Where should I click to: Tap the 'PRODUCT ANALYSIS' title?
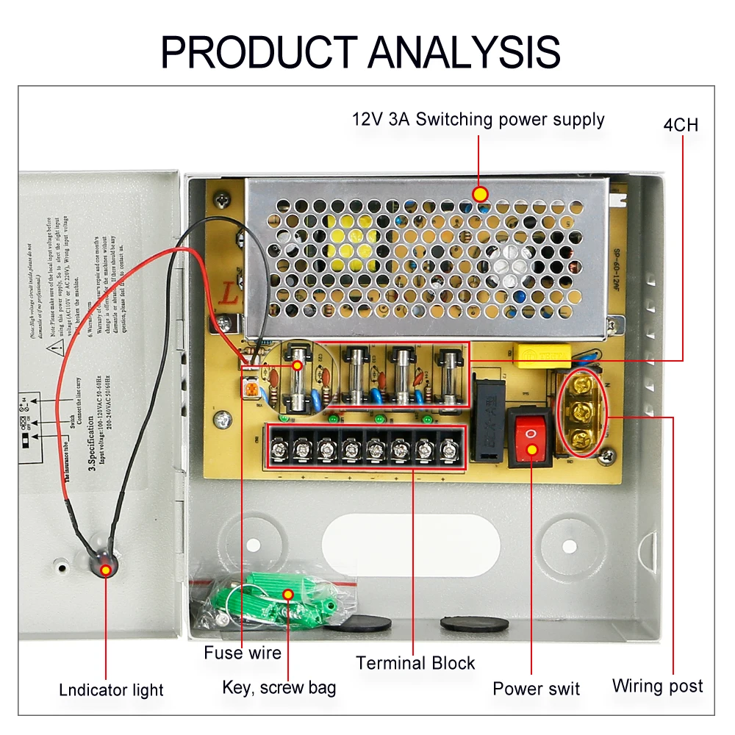[x=361, y=51]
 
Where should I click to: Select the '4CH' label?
[x=680, y=124]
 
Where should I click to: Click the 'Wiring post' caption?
[x=657, y=686]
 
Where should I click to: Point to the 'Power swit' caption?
[x=536, y=689]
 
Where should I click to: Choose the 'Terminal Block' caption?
[x=415, y=663]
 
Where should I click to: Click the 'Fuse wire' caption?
[x=243, y=653]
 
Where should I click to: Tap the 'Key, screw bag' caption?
[x=279, y=688]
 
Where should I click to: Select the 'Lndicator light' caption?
[x=111, y=690]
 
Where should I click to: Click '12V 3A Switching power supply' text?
[x=478, y=119]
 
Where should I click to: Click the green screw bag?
[x=279, y=595]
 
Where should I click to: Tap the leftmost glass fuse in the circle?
[x=298, y=382]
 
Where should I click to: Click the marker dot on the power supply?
[x=480, y=194]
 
